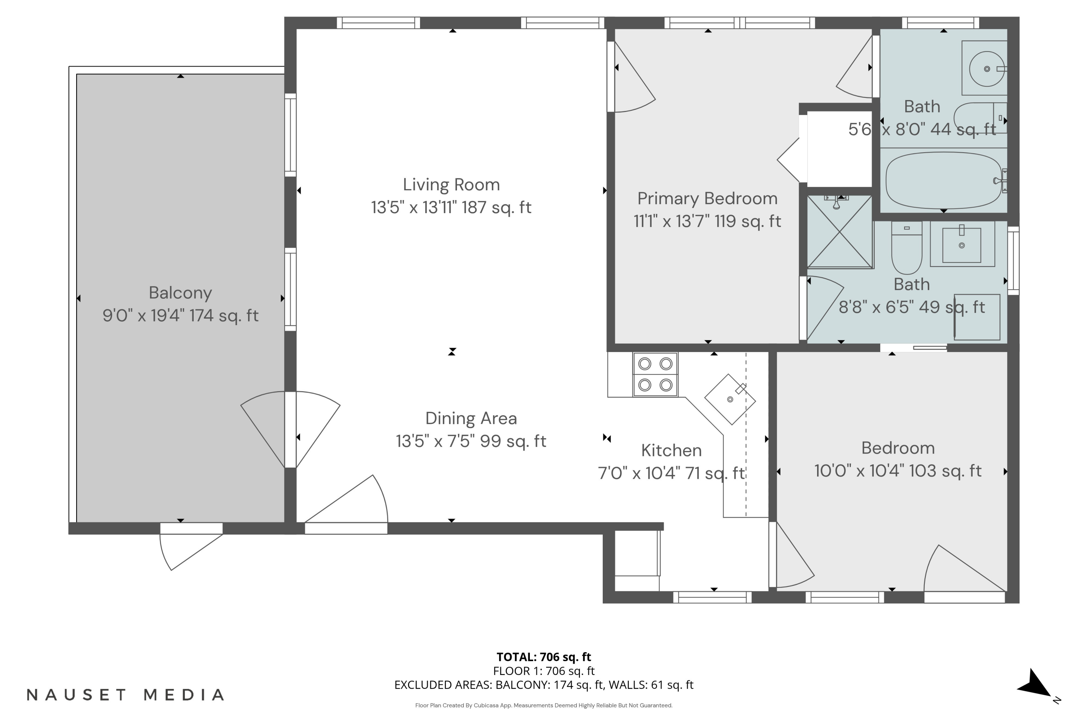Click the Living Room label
coord(451,185)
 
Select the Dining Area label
coord(471,418)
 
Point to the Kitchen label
coord(671,450)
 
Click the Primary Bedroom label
coord(707,198)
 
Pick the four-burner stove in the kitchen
coord(655,374)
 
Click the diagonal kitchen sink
coord(730,399)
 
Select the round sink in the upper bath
coord(986,69)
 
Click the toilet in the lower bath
coord(907,247)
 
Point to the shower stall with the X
coord(840,232)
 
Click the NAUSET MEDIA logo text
coord(125,695)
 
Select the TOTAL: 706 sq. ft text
coord(544,656)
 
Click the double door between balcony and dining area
coord(290,430)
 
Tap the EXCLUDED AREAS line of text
coord(544,685)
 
